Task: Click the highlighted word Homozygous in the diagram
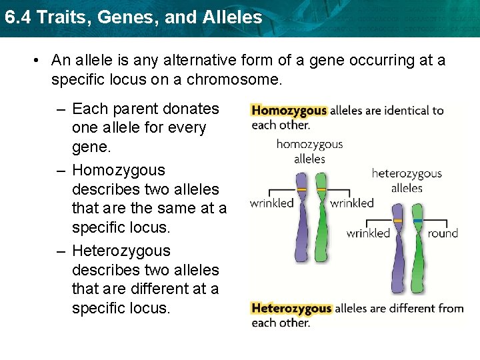click(x=289, y=111)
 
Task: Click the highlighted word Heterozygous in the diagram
click(x=291, y=308)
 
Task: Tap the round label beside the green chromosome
click(x=443, y=233)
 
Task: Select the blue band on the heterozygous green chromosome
click(x=418, y=221)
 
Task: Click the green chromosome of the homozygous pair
click(x=321, y=217)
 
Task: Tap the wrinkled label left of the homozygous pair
click(x=271, y=203)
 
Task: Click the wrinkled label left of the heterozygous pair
click(x=368, y=233)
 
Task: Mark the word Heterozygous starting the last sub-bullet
click(x=121, y=251)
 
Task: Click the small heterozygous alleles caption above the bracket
click(x=407, y=181)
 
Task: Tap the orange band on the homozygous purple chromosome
click(x=302, y=190)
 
